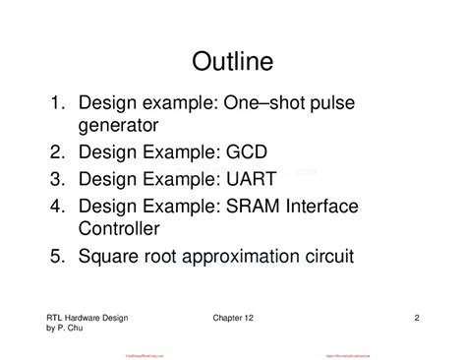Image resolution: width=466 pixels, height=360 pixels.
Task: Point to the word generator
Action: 119,127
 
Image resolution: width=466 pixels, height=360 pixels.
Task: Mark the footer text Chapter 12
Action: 233,318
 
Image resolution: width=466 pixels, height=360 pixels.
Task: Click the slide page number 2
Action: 418,318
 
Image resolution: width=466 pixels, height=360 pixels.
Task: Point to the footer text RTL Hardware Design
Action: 87,318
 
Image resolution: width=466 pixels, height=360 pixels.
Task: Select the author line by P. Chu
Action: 65,329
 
